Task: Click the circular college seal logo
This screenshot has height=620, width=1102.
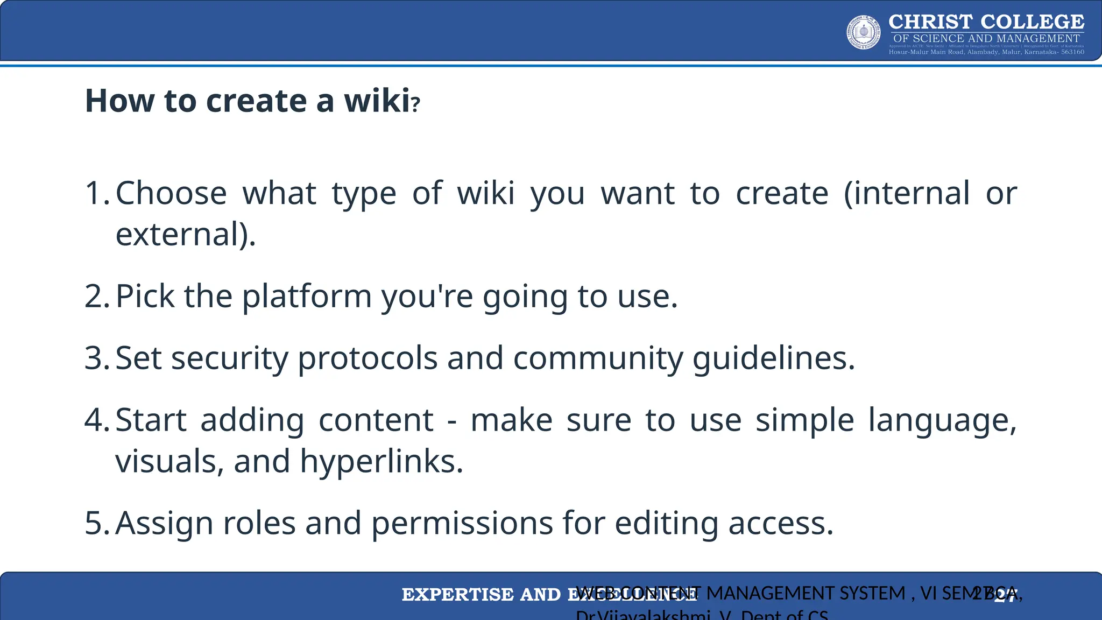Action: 864,32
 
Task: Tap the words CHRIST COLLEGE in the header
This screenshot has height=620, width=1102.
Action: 986,22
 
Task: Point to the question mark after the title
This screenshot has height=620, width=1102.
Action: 415,103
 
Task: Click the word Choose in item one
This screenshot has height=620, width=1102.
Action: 171,193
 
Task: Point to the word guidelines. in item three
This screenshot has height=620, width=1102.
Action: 773,358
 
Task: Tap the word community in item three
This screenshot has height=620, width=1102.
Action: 598,358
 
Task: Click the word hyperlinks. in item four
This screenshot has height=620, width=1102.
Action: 382,461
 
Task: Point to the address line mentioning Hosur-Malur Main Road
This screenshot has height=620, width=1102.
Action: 986,52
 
